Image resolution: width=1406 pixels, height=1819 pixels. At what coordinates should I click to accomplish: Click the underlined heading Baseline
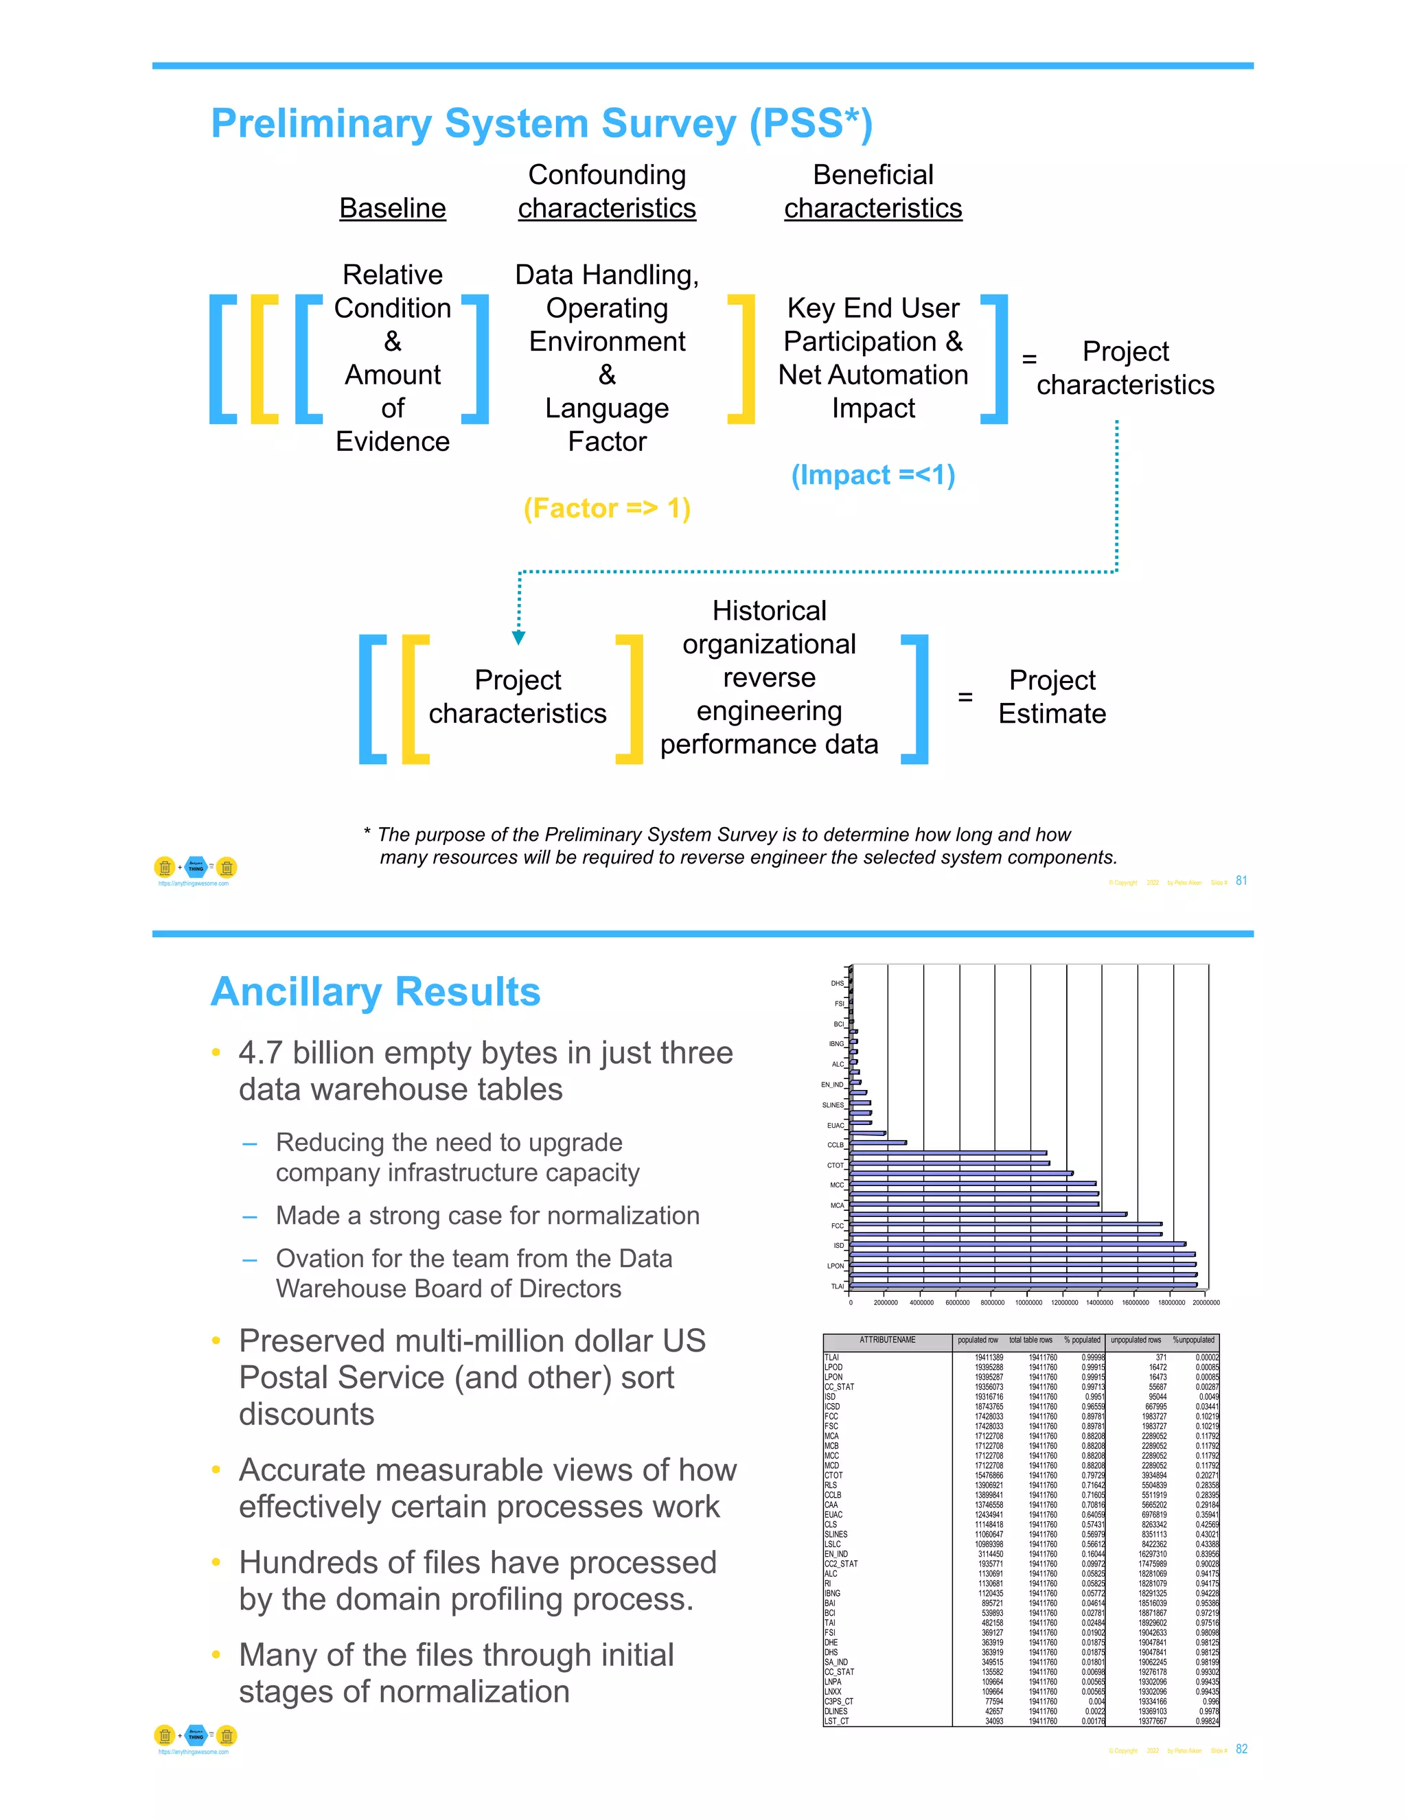point(392,208)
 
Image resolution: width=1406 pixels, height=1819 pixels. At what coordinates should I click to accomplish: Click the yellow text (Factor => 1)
point(606,508)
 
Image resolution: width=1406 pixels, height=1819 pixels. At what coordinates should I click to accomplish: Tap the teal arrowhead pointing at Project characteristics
point(519,637)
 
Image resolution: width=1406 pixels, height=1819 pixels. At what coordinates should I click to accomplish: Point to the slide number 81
point(1241,881)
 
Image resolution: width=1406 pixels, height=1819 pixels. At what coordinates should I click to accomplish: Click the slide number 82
point(1241,1749)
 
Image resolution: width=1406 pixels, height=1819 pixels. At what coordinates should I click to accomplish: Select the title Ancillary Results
point(376,992)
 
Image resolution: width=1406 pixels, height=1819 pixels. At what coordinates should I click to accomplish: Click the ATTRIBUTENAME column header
point(887,1340)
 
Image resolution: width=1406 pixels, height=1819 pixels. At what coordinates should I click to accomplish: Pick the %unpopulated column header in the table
point(1194,1340)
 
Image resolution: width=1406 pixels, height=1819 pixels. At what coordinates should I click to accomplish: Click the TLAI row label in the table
point(831,1358)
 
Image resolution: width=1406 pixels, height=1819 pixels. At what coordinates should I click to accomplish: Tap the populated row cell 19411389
point(989,1358)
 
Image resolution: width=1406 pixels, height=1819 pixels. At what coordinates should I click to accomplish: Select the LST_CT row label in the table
point(836,1721)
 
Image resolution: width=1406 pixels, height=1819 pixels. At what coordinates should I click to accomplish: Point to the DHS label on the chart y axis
point(837,984)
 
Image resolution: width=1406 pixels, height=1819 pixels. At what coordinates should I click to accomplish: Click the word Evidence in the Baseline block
point(392,441)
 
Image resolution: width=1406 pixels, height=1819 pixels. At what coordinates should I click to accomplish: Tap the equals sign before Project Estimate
point(965,697)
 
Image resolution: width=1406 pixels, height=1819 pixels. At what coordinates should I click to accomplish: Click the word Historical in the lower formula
point(769,610)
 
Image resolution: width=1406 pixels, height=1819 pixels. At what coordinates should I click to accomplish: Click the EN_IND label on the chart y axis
point(832,1085)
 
